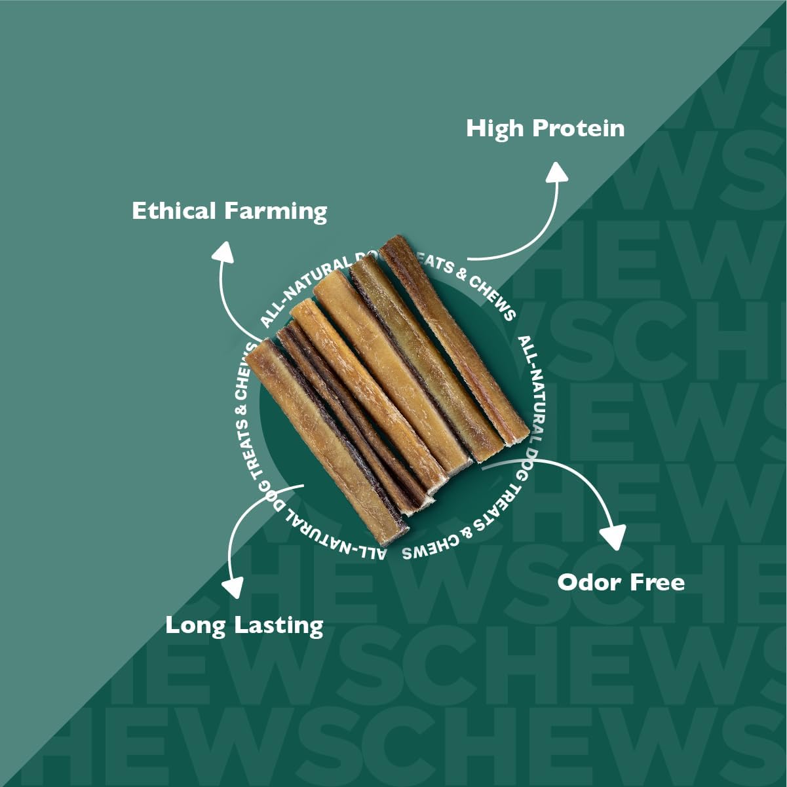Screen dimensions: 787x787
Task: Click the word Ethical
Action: point(174,211)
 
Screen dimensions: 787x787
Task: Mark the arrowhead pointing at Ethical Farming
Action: point(224,252)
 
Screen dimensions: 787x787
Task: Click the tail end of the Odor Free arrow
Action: point(485,467)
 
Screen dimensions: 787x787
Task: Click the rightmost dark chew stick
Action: point(452,341)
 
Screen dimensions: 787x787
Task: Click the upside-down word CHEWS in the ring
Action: point(424,549)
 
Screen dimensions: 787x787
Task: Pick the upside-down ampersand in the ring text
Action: point(467,533)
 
